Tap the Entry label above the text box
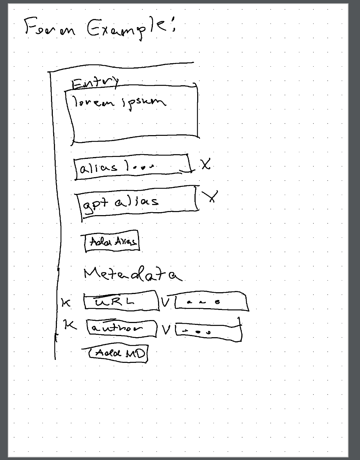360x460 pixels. tap(95, 83)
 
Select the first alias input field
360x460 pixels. tap(132, 167)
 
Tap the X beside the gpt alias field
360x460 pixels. tap(211, 196)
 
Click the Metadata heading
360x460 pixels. tap(132, 275)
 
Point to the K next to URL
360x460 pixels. tap(66, 303)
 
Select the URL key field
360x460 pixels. tap(120, 301)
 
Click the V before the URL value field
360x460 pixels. tap(166, 302)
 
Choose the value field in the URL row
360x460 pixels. tap(210, 302)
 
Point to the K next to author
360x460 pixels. tap(70, 325)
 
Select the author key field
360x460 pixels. tap(121, 328)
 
